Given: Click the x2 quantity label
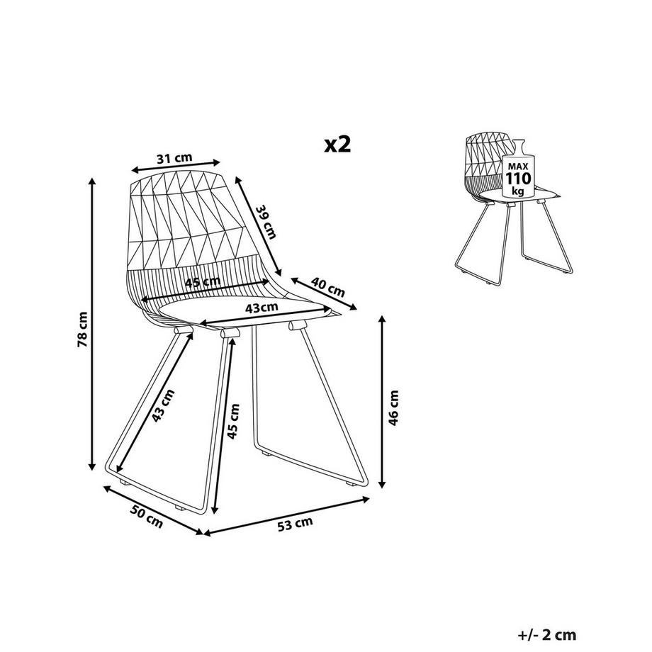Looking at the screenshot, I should [337, 144].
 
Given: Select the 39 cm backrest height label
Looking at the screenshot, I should [264, 220].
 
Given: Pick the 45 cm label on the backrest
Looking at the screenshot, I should [202, 283].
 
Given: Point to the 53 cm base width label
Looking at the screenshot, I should [295, 524].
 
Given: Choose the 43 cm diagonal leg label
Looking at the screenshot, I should [162, 405].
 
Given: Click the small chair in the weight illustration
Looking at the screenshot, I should [510, 213].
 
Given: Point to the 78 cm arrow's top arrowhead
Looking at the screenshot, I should [92, 181].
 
